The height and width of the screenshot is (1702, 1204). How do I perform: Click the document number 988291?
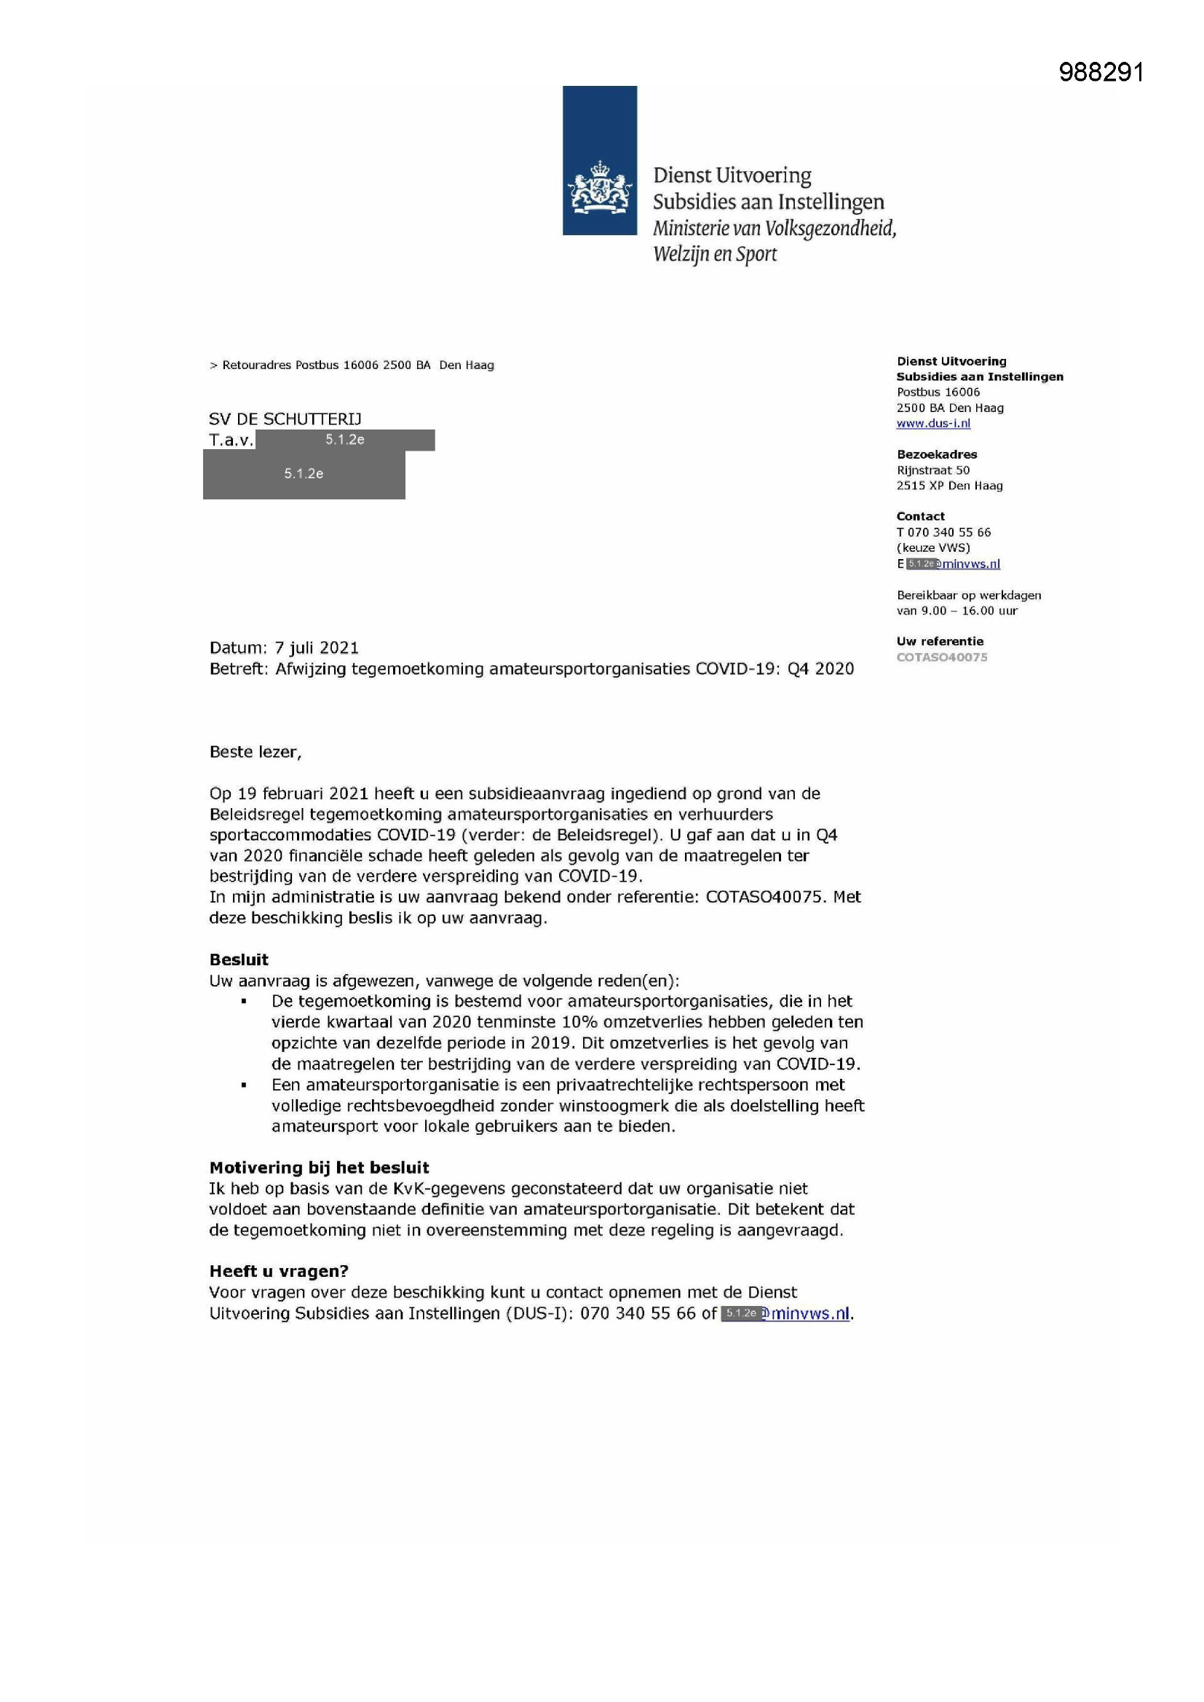pos(1101,72)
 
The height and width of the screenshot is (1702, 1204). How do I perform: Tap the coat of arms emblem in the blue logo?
pos(599,189)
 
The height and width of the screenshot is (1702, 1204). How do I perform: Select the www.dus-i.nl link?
pos(932,423)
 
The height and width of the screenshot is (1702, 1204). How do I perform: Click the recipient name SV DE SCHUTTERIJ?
pos(285,419)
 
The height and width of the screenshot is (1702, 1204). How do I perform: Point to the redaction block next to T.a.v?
pos(345,440)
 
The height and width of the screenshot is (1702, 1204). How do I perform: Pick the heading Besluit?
pos(239,959)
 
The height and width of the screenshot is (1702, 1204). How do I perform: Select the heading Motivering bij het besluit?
pos(320,1168)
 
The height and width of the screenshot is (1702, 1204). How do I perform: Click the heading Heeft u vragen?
pos(279,1271)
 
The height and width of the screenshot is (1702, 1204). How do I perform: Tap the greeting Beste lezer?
pos(255,752)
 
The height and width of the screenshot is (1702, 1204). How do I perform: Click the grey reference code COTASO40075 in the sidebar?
pos(941,657)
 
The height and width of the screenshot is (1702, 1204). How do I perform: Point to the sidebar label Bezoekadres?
pos(936,454)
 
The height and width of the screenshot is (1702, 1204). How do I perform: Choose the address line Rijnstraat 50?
pos(932,470)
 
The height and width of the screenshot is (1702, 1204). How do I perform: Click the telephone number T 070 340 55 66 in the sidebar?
pos(943,532)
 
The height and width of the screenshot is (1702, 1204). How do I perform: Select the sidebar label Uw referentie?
pos(939,641)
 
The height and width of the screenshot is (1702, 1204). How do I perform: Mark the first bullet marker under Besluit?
pos(243,1002)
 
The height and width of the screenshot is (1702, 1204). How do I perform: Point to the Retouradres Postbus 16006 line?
pos(352,365)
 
